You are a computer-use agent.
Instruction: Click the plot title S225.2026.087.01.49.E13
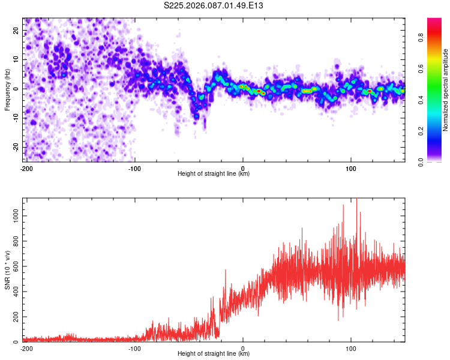click(214, 5)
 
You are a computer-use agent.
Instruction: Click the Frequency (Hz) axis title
click(8, 89)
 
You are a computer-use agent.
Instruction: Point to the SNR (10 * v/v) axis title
click(8, 270)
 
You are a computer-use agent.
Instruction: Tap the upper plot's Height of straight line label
click(214, 173)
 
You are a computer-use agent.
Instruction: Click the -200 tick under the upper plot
click(26, 168)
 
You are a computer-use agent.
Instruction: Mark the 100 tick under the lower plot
click(351, 348)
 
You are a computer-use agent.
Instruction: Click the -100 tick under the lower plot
click(134, 348)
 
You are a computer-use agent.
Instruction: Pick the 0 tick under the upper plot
click(243, 168)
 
